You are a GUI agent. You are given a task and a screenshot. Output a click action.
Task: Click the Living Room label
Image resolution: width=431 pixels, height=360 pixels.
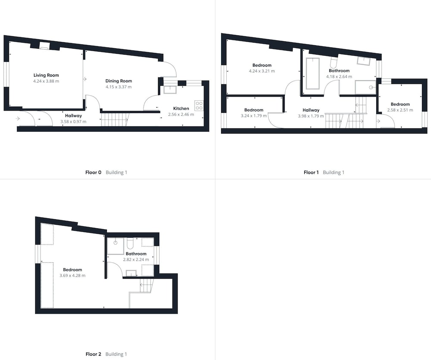46,75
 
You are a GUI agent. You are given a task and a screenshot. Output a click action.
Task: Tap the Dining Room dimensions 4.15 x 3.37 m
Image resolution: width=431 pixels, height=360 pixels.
119,87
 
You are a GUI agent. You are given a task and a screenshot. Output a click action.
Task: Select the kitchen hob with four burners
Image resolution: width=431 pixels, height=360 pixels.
199,106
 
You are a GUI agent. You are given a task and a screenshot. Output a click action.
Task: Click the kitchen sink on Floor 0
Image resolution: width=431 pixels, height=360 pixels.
170,90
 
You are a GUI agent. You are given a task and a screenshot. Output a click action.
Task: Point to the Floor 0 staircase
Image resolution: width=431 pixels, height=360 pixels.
114,120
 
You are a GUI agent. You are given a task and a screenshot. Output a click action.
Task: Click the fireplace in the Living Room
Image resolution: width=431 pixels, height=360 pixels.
44,46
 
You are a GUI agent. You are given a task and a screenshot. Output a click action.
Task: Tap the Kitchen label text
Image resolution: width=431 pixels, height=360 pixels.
181,109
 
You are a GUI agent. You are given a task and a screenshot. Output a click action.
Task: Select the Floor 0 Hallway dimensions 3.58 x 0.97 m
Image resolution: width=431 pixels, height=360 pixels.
73,121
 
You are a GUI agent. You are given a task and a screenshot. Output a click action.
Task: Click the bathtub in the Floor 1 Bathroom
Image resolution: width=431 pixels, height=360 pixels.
313,73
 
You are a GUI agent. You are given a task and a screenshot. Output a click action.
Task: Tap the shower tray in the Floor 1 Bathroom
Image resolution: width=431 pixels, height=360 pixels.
365,87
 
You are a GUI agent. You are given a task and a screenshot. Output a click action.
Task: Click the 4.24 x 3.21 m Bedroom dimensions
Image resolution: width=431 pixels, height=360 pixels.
262,71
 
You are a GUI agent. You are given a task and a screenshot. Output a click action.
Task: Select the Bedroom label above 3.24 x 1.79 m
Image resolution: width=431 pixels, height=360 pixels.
254,110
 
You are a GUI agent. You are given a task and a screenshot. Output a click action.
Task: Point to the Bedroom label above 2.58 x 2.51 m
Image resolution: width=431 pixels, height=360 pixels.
400,104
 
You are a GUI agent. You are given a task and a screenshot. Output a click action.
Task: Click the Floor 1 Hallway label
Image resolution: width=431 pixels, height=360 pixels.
311,110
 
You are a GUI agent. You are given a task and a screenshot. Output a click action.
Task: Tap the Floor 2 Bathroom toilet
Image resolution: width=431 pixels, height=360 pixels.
130,243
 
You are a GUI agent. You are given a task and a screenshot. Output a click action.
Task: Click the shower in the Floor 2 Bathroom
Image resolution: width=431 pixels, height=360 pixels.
116,246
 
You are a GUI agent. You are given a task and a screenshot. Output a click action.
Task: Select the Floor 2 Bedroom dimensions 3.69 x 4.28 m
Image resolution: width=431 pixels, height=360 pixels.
72,276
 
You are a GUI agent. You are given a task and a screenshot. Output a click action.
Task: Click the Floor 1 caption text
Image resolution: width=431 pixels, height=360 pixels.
311,172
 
